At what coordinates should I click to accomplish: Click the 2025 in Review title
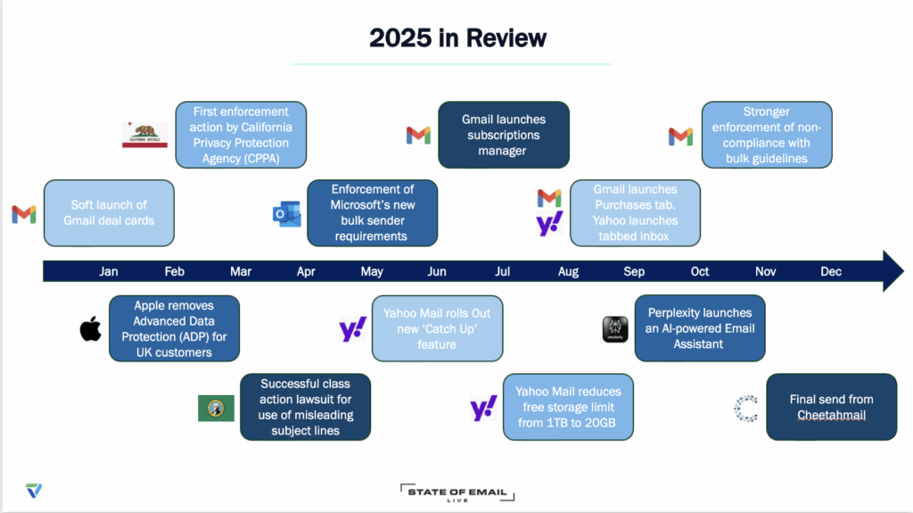(x=457, y=37)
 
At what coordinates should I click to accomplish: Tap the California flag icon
(x=145, y=135)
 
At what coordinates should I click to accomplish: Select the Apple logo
(x=90, y=329)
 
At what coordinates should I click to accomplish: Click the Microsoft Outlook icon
(x=286, y=214)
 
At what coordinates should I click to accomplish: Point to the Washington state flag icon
(x=216, y=408)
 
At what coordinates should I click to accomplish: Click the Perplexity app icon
(x=615, y=329)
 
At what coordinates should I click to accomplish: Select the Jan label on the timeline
(x=108, y=271)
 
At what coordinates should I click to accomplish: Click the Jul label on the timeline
(x=503, y=271)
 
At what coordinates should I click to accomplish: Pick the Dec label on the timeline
(x=831, y=271)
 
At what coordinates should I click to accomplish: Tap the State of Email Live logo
(x=457, y=492)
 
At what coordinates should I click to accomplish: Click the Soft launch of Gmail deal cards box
(x=109, y=212)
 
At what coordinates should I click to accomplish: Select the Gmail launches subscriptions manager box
(x=504, y=135)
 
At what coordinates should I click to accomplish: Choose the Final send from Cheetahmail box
(x=832, y=407)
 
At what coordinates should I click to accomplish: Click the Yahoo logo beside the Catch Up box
(x=353, y=329)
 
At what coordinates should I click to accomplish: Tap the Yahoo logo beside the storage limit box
(x=484, y=408)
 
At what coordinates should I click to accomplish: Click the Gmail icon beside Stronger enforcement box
(x=680, y=136)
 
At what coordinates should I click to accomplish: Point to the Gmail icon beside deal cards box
(x=24, y=214)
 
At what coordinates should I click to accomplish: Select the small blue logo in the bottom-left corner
(x=34, y=491)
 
